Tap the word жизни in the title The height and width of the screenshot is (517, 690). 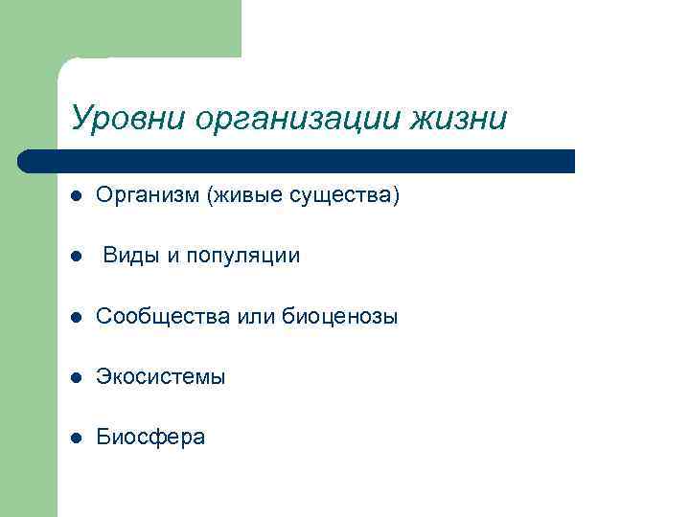pos(459,119)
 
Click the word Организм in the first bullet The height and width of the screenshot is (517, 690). pos(145,196)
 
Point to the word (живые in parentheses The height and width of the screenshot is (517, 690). pos(241,196)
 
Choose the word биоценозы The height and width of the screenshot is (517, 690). pos(340,317)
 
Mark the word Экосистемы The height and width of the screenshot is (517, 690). pos(161,377)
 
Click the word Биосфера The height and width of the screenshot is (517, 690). pos(150,438)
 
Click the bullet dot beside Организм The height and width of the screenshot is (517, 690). pos(76,196)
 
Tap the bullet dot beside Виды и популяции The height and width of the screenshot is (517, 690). pos(76,257)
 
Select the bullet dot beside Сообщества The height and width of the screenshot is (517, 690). pos(76,317)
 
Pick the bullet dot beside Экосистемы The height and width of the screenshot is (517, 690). pos(76,377)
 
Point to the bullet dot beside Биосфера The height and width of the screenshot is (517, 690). pos(76,438)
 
